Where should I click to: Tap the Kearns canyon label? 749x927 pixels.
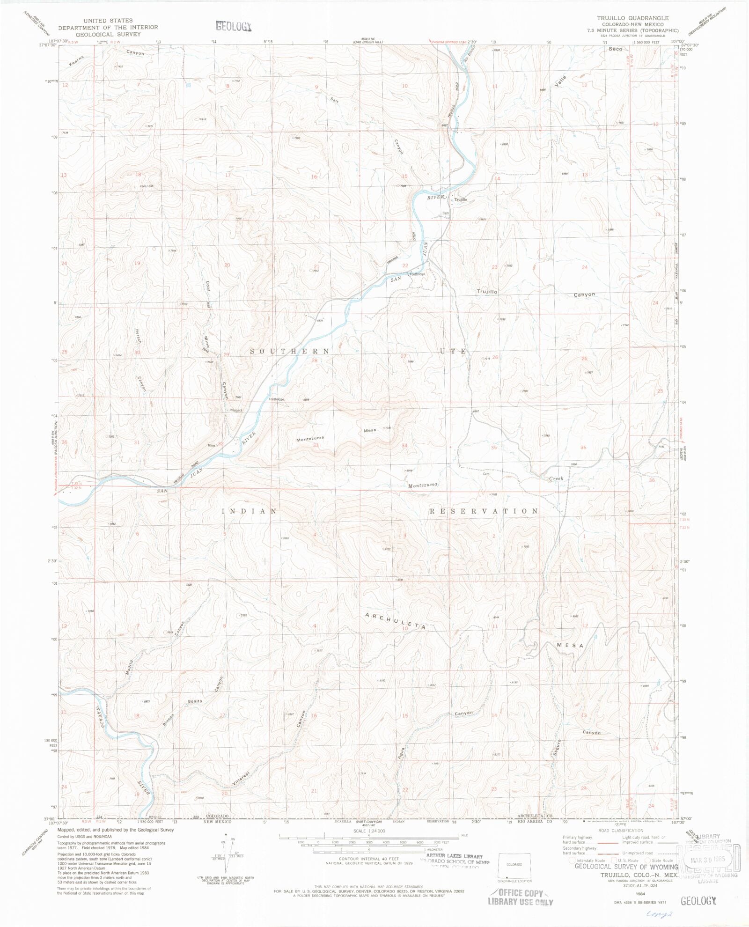tap(74, 60)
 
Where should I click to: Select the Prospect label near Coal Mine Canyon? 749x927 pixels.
tap(236, 410)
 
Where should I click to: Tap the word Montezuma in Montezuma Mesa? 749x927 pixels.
tap(310, 439)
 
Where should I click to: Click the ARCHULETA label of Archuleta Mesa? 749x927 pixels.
tap(396, 621)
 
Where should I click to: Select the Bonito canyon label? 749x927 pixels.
tap(195, 701)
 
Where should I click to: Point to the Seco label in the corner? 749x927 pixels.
tap(615, 49)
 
